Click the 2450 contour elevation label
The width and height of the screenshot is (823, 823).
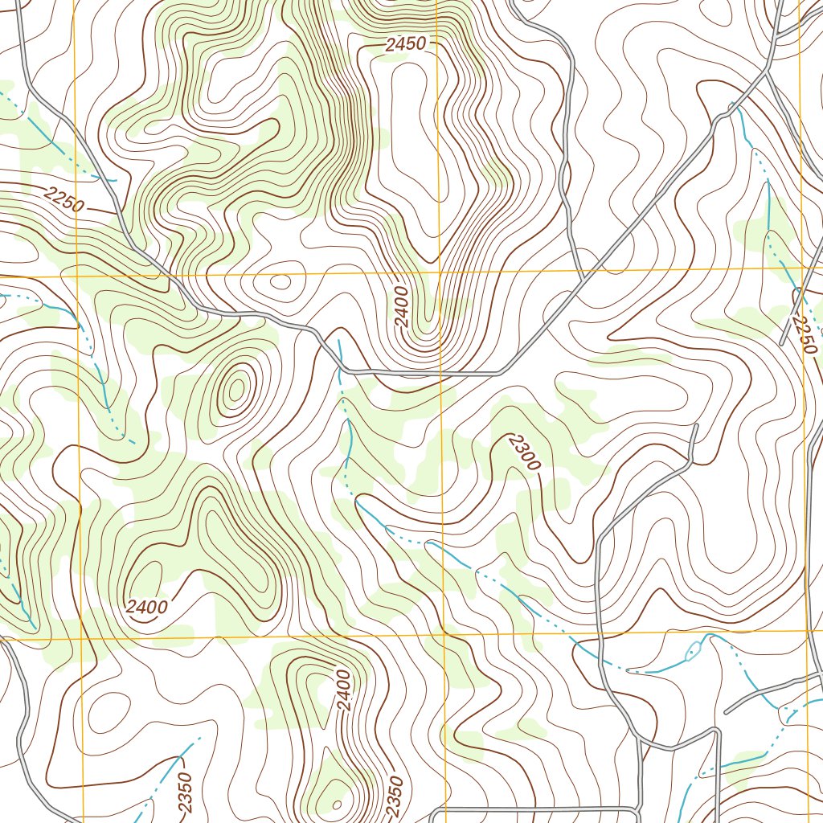tap(404, 46)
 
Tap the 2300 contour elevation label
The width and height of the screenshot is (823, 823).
tap(526, 452)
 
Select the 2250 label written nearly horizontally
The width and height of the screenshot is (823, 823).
tap(64, 199)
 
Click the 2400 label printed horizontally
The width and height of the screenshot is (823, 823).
tap(147, 606)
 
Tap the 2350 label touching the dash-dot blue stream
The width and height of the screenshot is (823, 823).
tap(184, 795)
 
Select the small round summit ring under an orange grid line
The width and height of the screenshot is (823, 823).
tap(280, 281)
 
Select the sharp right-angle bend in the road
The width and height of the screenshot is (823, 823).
tap(717, 731)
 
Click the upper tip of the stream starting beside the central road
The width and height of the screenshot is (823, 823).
tap(338, 341)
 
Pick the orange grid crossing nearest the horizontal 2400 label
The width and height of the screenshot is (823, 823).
tap(83, 641)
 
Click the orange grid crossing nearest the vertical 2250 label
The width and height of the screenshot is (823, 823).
tap(803, 268)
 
